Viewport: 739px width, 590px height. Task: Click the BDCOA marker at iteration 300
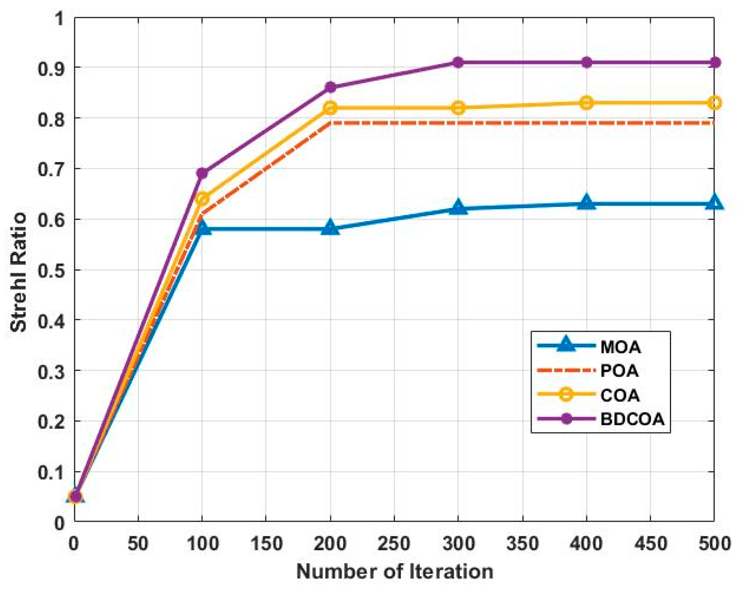(458, 62)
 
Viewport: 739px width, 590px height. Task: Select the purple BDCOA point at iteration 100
(202, 174)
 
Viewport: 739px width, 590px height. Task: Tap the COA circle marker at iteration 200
(330, 108)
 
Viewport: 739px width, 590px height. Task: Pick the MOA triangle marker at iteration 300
(458, 208)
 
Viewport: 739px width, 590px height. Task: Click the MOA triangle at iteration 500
(714, 203)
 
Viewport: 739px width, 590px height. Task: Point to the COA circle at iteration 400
(586, 103)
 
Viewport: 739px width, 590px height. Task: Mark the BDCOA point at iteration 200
(330, 88)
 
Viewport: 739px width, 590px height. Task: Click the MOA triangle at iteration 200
(330, 228)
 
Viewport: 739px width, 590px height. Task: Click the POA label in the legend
(619, 371)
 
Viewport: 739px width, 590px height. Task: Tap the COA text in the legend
(620, 395)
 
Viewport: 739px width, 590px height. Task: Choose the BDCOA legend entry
(632, 419)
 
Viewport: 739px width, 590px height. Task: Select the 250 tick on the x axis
(394, 544)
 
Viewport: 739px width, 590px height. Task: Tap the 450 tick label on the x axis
(650, 544)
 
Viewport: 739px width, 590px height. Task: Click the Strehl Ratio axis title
(19, 272)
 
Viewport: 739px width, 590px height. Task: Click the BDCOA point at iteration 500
(714, 62)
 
